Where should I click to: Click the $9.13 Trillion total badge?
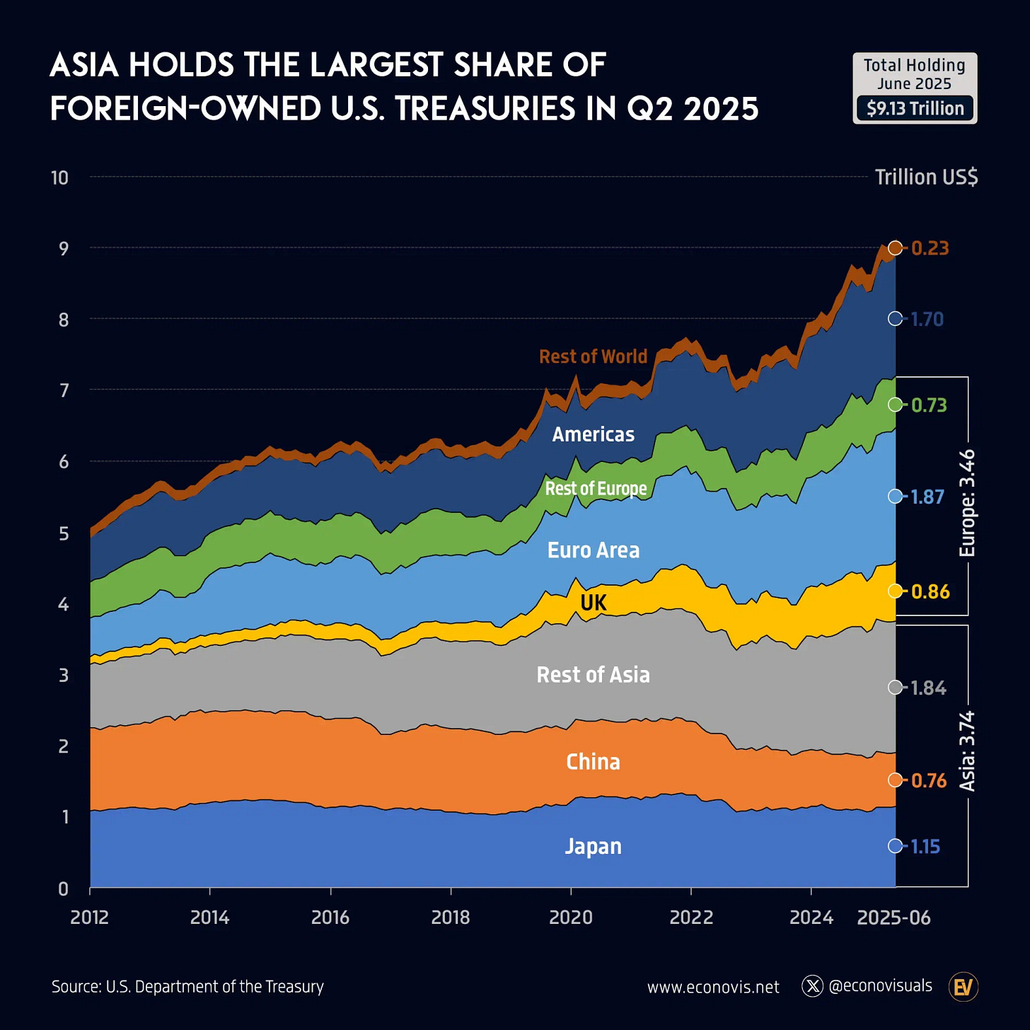pos(915,108)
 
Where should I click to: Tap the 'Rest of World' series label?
pos(593,357)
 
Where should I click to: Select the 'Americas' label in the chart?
pos(593,434)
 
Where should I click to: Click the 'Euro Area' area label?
pos(593,550)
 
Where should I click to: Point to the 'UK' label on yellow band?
pos(593,603)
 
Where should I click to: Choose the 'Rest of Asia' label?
pos(593,675)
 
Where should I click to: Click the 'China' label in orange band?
pos(593,762)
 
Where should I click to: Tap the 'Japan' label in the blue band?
pos(593,846)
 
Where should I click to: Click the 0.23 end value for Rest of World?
pos(930,248)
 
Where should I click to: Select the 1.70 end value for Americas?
pos(927,319)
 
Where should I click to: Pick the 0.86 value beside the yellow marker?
pos(930,591)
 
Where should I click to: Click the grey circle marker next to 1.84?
pos(896,688)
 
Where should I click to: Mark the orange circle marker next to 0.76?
pos(896,780)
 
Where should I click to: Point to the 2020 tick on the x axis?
pos(571,918)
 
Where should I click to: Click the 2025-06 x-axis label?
pos(893,918)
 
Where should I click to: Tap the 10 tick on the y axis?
pos(60,178)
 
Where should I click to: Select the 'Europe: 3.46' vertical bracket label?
pos(967,503)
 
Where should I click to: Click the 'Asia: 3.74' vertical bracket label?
pos(967,751)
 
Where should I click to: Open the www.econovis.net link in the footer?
pos(713,987)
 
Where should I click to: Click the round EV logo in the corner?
pos(963,987)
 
